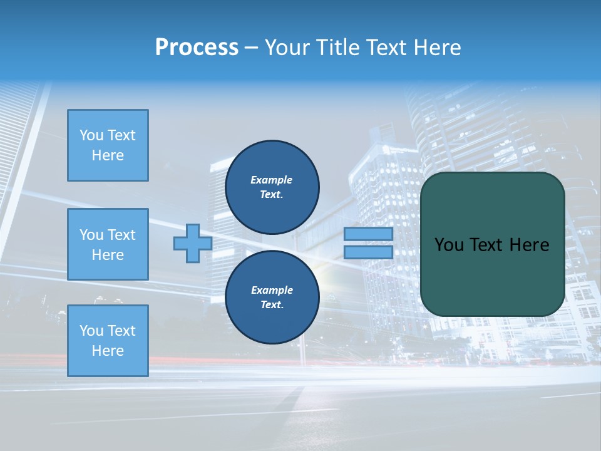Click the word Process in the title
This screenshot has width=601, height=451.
tap(197, 47)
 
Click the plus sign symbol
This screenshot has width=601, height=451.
tap(192, 244)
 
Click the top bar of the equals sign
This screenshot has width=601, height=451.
tap(368, 234)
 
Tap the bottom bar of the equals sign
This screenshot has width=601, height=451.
tap(368, 252)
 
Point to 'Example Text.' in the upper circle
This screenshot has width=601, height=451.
tap(272, 187)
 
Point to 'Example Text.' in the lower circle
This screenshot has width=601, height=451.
tap(272, 298)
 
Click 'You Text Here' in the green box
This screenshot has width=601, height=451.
tap(492, 245)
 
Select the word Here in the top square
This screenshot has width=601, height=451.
tap(108, 155)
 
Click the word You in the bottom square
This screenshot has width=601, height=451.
tap(91, 331)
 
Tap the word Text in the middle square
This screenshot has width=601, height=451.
tap(121, 235)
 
